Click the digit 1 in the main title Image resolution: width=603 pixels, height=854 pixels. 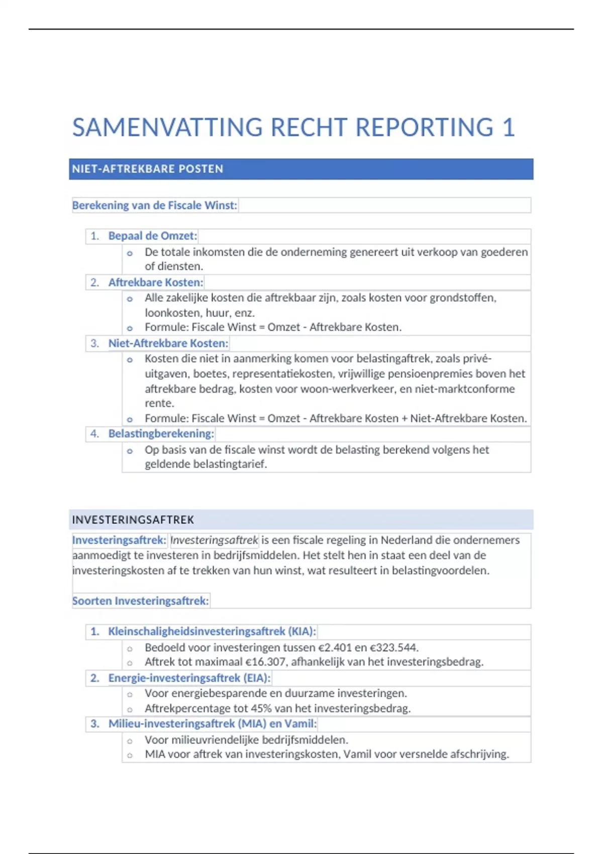point(509,128)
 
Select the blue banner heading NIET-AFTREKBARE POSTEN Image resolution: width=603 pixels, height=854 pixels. point(147,169)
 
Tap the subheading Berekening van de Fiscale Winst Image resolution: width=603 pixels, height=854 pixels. point(154,205)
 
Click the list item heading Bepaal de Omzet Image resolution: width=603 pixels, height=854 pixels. point(152,236)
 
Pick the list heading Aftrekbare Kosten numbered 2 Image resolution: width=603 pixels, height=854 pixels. point(155,282)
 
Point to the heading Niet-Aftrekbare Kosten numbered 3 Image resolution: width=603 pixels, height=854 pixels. point(168,344)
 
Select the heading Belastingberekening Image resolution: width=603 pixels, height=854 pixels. point(161,434)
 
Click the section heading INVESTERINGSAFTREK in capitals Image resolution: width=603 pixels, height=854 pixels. point(133,520)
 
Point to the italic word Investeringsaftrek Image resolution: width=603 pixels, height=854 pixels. point(214,541)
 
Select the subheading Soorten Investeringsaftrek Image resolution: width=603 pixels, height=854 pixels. point(140,601)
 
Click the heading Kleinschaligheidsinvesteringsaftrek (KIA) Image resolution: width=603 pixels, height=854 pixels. point(212,631)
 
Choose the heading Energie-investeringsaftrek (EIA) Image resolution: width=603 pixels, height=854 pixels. point(189,678)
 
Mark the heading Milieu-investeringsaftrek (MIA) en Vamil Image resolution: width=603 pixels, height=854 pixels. point(212,724)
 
